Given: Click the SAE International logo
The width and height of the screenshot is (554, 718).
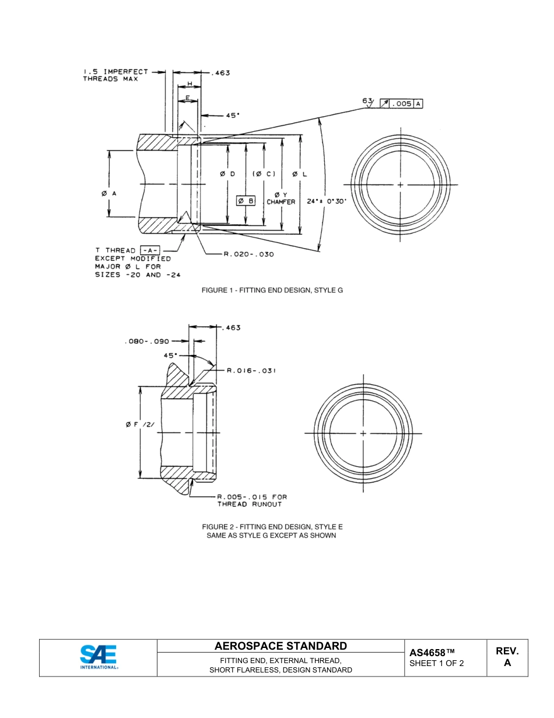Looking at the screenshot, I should click(99, 657).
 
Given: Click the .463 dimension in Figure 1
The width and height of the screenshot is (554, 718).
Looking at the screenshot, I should click(220, 73).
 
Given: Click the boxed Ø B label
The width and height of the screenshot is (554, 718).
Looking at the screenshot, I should click(246, 201).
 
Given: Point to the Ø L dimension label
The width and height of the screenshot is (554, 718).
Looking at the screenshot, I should click(300, 174).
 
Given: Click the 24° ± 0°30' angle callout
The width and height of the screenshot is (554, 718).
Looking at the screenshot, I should click(327, 201).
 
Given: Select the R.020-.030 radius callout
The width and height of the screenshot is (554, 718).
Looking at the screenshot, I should click(248, 254).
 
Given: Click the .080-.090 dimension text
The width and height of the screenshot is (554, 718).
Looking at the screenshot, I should click(147, 341).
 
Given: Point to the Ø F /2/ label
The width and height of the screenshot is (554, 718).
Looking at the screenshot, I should click(140, 424).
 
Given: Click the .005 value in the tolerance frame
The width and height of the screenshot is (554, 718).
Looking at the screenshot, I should click(402, 104).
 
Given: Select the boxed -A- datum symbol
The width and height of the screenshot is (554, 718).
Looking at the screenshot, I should click(150, 250).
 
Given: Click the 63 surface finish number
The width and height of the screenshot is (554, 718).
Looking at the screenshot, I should click(367, 100).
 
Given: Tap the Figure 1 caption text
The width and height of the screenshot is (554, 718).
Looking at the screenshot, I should click(272, 290).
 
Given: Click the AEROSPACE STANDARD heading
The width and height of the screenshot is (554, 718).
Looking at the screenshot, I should click(280, 646).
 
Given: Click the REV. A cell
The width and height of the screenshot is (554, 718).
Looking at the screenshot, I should click(507, 657).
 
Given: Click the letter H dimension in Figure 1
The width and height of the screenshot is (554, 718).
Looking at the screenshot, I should click(190, 85).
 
